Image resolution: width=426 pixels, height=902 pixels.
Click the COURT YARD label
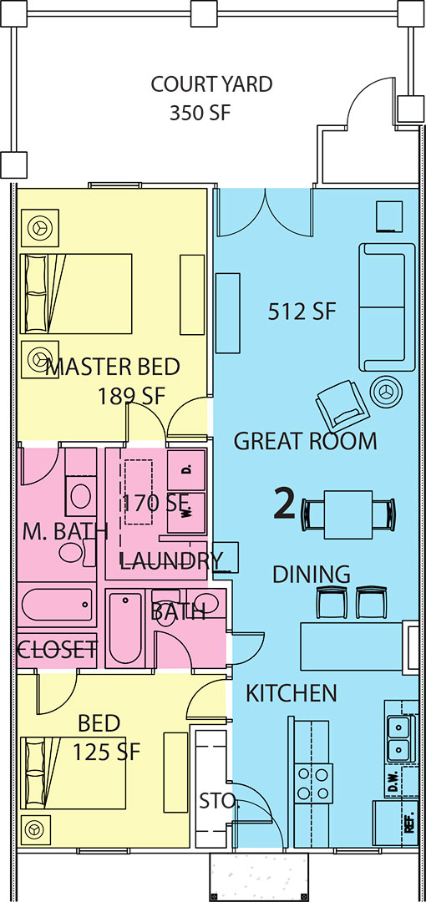[211, 84]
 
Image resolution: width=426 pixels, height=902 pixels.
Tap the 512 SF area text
[302, 312]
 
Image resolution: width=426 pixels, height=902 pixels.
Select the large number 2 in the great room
[284, 504]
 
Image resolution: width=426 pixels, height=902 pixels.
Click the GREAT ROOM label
[305, 441]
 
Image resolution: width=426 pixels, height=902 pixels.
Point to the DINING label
[312, 574]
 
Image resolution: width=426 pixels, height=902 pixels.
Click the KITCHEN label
[292, 693]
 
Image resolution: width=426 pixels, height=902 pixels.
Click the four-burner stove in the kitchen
[313, 783]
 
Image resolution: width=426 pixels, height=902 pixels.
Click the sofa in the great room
[387, 307]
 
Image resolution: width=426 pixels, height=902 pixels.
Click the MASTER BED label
[113, 367]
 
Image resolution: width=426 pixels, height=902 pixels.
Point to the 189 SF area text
[131, 397]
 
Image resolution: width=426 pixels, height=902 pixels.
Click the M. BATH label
[64, 532]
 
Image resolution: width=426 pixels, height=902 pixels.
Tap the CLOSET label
[57, 650]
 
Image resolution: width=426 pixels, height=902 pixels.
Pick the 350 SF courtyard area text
[200, 114]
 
